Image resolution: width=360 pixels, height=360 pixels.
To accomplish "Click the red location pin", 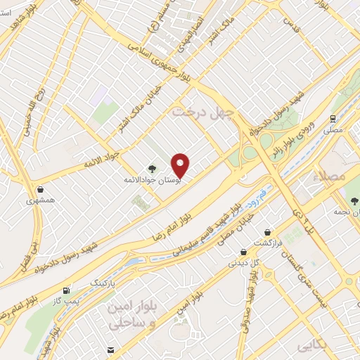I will pyautogui.click(x=181, y=165).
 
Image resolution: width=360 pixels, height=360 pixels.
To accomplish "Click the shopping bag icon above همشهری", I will pyautogui.click(x=41, y=189).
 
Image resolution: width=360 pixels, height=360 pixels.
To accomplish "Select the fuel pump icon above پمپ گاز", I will pyautogui.click(x=66, y=290).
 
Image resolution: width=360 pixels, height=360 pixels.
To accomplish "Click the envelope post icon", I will pyautogui.click(x=110, y=349).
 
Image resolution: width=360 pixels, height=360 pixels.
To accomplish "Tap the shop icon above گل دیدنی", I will pyautogui.click(x=243, y=252).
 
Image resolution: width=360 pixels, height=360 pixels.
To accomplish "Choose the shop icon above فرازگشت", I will pyautogui.click(x=267, y=231).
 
